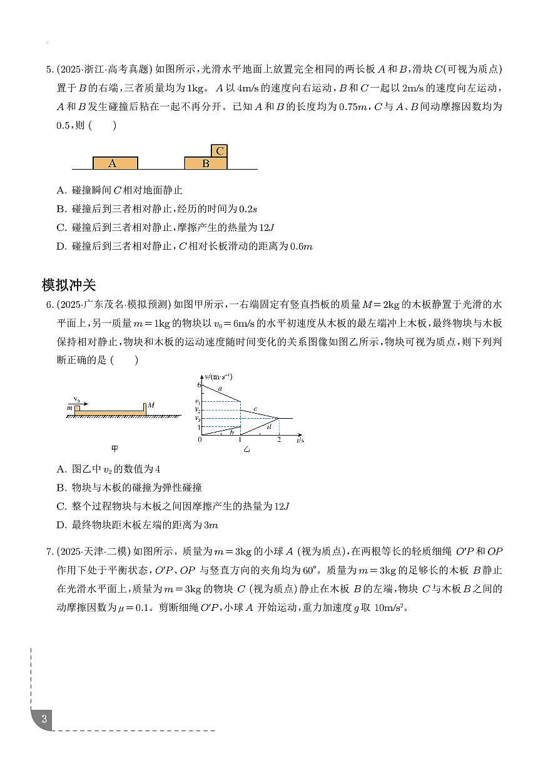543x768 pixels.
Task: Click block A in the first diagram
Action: (115, 163)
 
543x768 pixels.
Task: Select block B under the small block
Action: (206, 163)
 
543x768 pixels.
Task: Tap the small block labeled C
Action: (219, 151)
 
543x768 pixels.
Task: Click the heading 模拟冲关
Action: (68, 285)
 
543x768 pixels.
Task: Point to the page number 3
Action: (44, 718)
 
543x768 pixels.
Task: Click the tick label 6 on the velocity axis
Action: (199, 386)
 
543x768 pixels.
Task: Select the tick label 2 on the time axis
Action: (279, 441)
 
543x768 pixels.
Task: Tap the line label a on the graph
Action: (220, 389)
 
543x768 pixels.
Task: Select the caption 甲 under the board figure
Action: (114, 448)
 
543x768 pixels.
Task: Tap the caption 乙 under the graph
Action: (246, 449)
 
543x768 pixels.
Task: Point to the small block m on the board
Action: (77, 409)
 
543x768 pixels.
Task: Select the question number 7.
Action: (49, 551)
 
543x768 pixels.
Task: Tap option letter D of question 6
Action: (61, 525)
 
